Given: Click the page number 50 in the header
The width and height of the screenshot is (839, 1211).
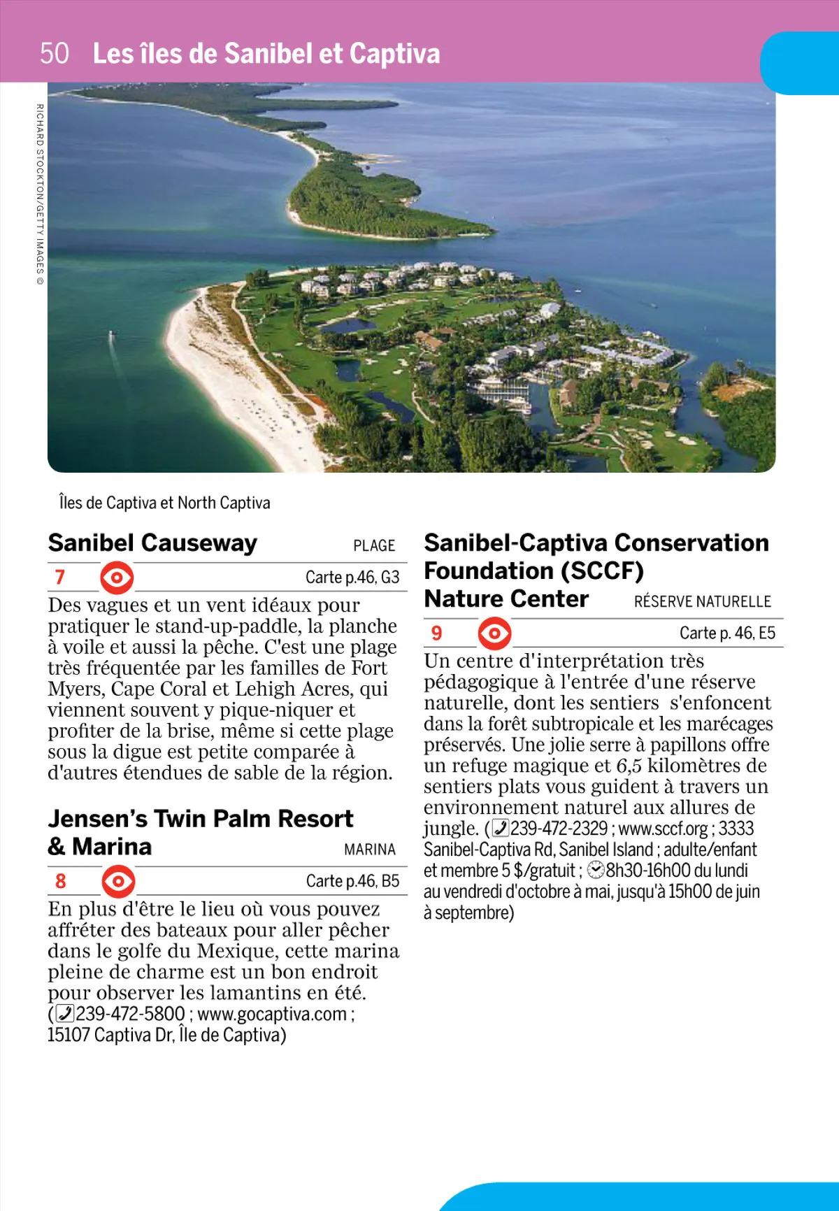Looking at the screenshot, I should click(x=55, y=54).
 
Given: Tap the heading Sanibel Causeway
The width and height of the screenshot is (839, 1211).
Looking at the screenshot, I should click(x=152, y=543).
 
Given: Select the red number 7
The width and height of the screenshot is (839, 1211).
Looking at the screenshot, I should click(x=60, y=577).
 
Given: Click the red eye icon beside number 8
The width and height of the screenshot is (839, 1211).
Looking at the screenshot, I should click(x=118, y=881).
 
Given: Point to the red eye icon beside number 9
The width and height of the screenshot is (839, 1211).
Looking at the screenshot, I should click(x=494, y=633).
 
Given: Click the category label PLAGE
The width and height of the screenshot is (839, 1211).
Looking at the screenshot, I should click(x=374, y=546).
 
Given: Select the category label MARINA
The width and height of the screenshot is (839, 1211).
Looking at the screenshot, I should click(x=370, y=850).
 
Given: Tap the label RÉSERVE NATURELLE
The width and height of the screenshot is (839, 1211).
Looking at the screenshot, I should click(x=702, y=602).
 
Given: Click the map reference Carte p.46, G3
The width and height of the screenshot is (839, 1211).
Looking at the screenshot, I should click(x=352, y=578).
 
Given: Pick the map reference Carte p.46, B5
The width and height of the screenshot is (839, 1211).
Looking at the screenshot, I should click(x=352, y=881).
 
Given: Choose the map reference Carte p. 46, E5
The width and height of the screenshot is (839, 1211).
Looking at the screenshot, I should click(x=727, y=633).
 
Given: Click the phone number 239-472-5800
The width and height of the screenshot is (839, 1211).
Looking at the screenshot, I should click(x=130, y=1014).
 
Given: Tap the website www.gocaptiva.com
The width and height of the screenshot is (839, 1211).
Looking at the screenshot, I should click(x=272, y=1014).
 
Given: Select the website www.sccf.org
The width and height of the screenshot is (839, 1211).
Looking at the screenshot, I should click(x=663, y=829).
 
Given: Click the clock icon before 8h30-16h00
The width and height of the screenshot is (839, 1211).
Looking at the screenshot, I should click(x=596, y=870).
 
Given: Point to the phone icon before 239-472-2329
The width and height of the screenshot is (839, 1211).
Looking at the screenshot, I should click(x=501, y=829).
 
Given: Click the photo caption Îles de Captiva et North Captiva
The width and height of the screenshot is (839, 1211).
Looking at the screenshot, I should click(x=164, y=503).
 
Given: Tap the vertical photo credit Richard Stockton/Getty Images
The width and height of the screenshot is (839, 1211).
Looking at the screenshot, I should click(x=40, y=194).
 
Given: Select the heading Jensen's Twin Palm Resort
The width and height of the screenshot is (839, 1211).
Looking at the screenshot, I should click(x=201, y=819).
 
